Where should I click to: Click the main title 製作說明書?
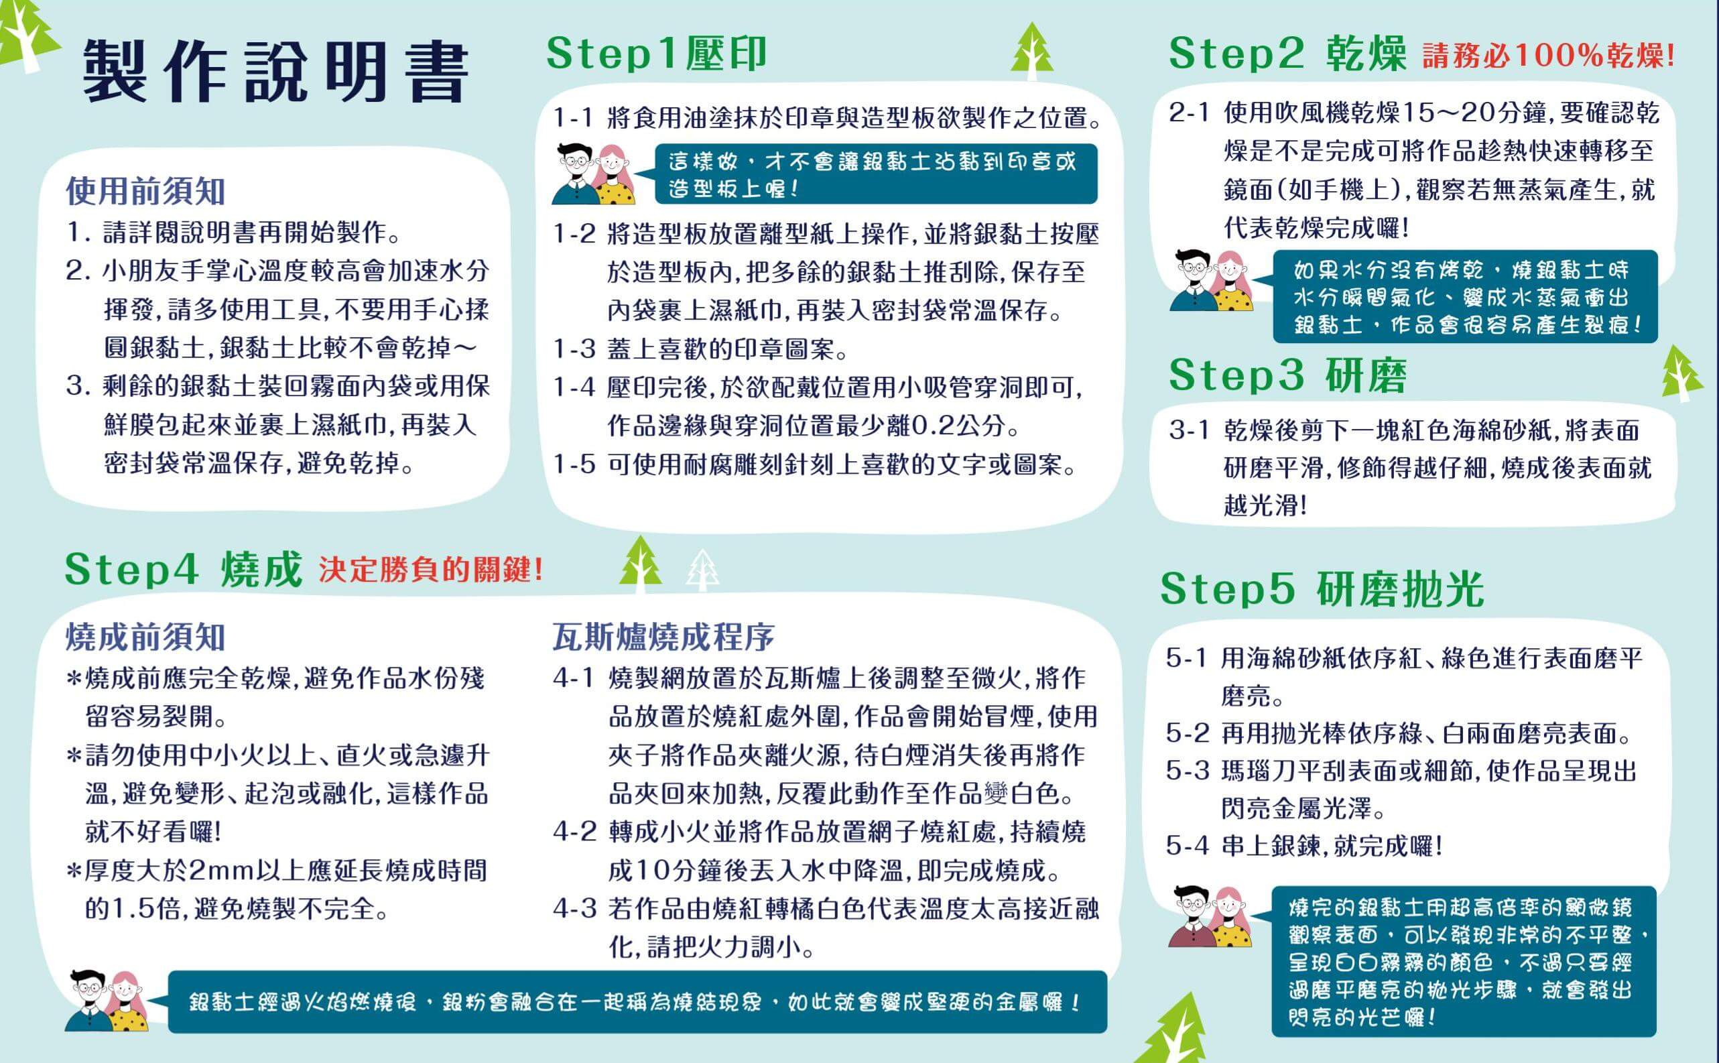click(x=275, y=70)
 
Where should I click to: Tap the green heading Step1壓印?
click(x=656, y=53)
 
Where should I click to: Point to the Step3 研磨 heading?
click(x=1287, y=375)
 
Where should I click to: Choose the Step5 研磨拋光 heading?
click(x=1322, y=588)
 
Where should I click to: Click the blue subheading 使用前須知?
click(x=145, y=191)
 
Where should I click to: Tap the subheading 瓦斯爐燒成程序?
click(x=663, y=637)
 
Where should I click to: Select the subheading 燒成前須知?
click(x=145, y=637)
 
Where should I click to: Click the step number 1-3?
click(x=575, y=349)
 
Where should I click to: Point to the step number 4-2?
click(x=575, y=833)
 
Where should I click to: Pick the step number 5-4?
click(x=1188, y=846)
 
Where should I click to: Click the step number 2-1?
click(x=1190, y=113)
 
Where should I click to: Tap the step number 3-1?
click(x=1190, y=430)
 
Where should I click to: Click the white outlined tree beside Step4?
click(x=702, y=570)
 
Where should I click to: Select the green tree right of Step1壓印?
click(x=1031, y=51)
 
